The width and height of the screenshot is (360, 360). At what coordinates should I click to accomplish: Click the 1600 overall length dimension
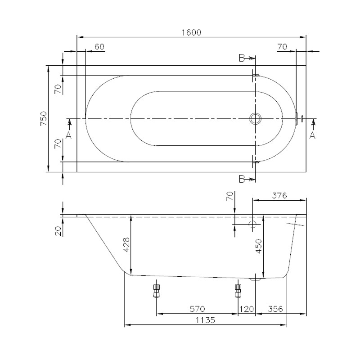(192, 32)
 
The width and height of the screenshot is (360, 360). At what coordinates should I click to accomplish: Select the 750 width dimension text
(44, 119)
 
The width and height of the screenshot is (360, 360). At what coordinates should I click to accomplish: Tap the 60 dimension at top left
(99, 46)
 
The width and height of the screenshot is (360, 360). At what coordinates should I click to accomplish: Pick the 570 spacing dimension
(197, 309)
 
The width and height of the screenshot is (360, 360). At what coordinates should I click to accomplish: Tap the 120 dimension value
(246, 309)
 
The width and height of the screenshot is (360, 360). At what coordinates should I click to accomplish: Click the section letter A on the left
(68, 135)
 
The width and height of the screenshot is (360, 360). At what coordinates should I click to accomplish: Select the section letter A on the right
(312, 135)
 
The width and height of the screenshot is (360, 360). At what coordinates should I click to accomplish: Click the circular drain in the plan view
(255, 119)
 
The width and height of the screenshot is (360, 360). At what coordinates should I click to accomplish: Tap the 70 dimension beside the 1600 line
(282, 46)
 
